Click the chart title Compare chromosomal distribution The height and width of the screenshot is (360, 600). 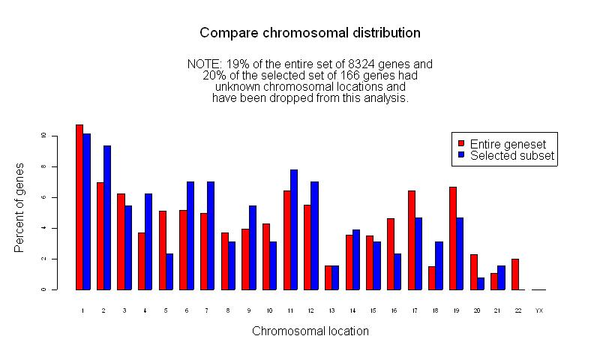(310, 33)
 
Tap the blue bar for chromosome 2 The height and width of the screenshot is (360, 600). (107, 217)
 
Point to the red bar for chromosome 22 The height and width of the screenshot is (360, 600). (515, 274)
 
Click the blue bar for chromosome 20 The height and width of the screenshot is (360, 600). (481, 283)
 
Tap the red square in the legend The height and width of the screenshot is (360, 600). (461, 144)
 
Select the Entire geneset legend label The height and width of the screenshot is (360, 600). (508, 144)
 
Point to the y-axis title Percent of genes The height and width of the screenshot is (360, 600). (20, 207)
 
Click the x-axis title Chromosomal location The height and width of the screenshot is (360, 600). (310, 331)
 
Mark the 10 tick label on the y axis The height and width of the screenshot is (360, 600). (44, 136)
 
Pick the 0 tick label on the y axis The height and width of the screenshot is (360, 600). (44, 289)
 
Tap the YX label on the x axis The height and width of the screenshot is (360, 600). (539, 309)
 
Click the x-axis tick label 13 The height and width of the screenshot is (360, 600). (331, 309)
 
